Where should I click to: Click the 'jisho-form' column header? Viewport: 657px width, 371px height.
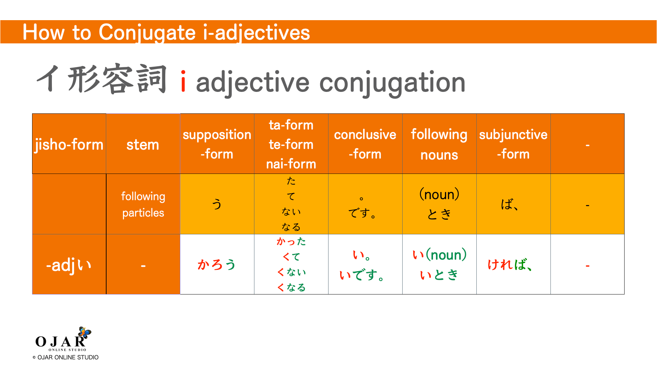(x=69, y=145)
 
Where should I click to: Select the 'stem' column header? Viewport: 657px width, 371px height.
(x=143, y=145)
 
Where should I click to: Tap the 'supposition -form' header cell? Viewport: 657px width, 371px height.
(x=217, y=144)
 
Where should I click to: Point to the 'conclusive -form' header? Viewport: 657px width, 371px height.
(x=365, y=144)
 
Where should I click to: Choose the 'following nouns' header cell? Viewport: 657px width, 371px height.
(x=439, y=144)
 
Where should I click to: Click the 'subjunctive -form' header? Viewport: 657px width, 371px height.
(x=513, y=144)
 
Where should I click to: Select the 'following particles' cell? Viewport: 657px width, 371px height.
(x=143, y=204)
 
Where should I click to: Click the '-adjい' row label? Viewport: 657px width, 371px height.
(x=69, y=265)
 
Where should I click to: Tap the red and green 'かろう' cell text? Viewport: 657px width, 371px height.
(x=216, y=265)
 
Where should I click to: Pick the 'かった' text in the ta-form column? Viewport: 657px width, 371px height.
(x=291, y=242)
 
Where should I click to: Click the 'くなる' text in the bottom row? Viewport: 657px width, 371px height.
(x=291, y=287)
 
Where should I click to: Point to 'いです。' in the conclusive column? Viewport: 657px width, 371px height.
(x=362, y=275)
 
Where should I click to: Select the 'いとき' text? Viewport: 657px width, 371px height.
(x=439, y=275)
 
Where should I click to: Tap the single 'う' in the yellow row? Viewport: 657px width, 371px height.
(x=217, y=204)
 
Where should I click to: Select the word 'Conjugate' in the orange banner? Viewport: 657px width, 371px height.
(x=147, y=32)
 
